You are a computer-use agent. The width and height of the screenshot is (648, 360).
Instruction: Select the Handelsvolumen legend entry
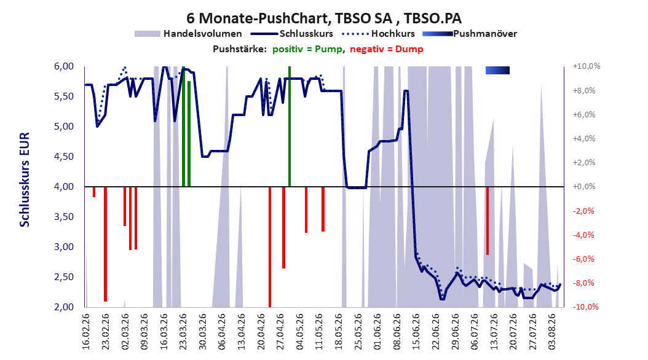[x=189, y=34]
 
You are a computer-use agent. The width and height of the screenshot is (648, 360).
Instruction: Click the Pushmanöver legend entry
[x=470, y=34]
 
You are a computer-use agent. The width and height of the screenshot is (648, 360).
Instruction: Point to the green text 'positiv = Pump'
[x=307, y=49]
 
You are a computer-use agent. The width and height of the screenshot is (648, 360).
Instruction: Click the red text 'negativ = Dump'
[x=387, y=49]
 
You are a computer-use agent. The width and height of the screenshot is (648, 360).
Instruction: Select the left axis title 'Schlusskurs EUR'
[x=25, y=179]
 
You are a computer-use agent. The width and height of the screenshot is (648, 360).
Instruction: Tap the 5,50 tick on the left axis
[x=64, y=96]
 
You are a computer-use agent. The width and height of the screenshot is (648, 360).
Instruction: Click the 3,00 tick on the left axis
[x=64, y=247]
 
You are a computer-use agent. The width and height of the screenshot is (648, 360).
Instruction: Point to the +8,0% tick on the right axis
[x=584, y=90]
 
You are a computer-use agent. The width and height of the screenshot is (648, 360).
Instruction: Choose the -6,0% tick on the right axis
[x=584, y=259]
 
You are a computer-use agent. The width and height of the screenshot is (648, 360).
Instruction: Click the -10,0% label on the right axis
[x=585, y=307]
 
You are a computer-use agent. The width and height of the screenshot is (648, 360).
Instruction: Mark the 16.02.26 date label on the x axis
[x=86, y=332]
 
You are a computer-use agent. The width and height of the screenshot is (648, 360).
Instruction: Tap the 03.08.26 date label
[x=552, y=332]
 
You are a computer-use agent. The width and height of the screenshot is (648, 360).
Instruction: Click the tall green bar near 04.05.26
[x=290, y=127]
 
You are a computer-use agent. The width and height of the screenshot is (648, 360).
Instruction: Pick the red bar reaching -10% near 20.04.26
[x=270, y=247]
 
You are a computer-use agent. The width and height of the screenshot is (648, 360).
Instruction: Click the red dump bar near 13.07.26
[x=488, y=221]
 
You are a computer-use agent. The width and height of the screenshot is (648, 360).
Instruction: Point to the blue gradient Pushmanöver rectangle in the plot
[x=497, y=71]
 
